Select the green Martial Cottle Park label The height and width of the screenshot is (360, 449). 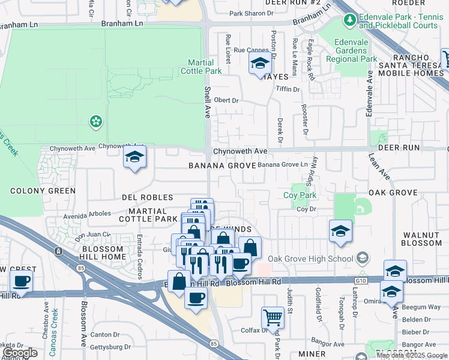(x=201, y=67)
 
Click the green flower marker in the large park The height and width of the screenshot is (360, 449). (x=95, y=122)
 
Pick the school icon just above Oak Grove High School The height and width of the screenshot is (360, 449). (x=340, y=232)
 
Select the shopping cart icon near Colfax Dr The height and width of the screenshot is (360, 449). (x=273, y=317)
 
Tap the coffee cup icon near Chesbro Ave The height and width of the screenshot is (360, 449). (x=21, y=281)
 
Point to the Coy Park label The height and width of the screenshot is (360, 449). (x=300, y=196)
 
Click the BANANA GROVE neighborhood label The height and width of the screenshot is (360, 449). (x=218, y=165)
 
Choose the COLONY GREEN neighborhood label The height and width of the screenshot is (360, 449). (x=43, y=191)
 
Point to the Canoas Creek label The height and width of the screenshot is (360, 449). (x=55, y=323)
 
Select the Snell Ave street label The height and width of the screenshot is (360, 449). (x=207, y=102)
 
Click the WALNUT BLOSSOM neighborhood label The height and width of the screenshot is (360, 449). (x=422, y=239)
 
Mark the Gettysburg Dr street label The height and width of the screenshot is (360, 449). (x=110, y=347)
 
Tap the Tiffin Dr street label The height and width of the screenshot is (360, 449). (x=288, y=89)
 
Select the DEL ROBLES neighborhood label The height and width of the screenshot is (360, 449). (x=147, y=197)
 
